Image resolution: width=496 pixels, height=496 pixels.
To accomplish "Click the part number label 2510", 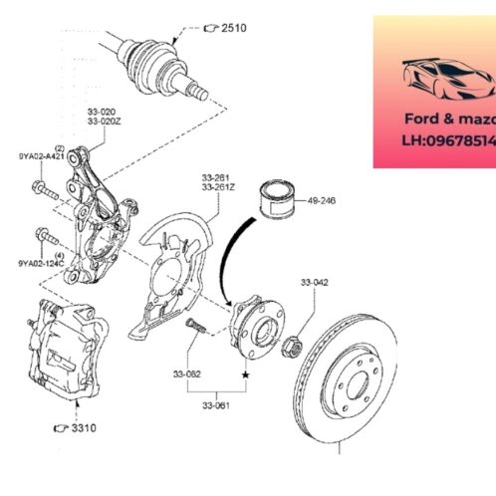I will (234, 28).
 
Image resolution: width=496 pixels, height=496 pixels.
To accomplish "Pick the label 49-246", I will (321, 200).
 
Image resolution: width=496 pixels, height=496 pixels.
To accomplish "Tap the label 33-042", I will (315, 282).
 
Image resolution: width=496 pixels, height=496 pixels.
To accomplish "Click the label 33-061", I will (216, 405).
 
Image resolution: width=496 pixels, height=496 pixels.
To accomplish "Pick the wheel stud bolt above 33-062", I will (194, 327).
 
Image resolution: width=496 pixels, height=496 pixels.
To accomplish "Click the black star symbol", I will (245, 373).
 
